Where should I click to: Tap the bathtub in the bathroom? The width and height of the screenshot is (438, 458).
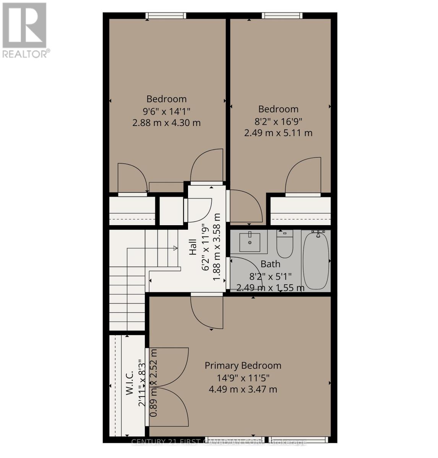tap(316, 260)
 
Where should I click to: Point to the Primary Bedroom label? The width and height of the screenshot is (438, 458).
tap(243, 366)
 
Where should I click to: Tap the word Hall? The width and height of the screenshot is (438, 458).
tap(193, 247)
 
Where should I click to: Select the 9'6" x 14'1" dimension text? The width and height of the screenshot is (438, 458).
tap(166, 111)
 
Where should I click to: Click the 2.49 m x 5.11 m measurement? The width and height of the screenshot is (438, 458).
tap(278, 133)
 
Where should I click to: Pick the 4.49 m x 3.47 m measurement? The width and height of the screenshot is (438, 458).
tap(243, 389)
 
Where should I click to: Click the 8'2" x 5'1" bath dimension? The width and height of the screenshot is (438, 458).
tap(270, 276)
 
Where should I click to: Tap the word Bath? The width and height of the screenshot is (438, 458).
tap(270, 264)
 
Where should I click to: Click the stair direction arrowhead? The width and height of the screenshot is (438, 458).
tap(175, 248)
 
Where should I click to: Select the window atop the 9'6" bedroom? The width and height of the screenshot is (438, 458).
tap(166, 16)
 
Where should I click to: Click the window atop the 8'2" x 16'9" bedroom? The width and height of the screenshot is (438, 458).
tap(282, 16)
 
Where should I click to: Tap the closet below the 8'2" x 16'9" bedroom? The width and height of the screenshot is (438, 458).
tap(300, 211)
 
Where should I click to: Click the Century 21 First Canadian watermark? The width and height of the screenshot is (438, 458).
tap(219, 442)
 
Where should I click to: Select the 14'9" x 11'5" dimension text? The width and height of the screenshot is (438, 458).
tap(243, 378)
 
